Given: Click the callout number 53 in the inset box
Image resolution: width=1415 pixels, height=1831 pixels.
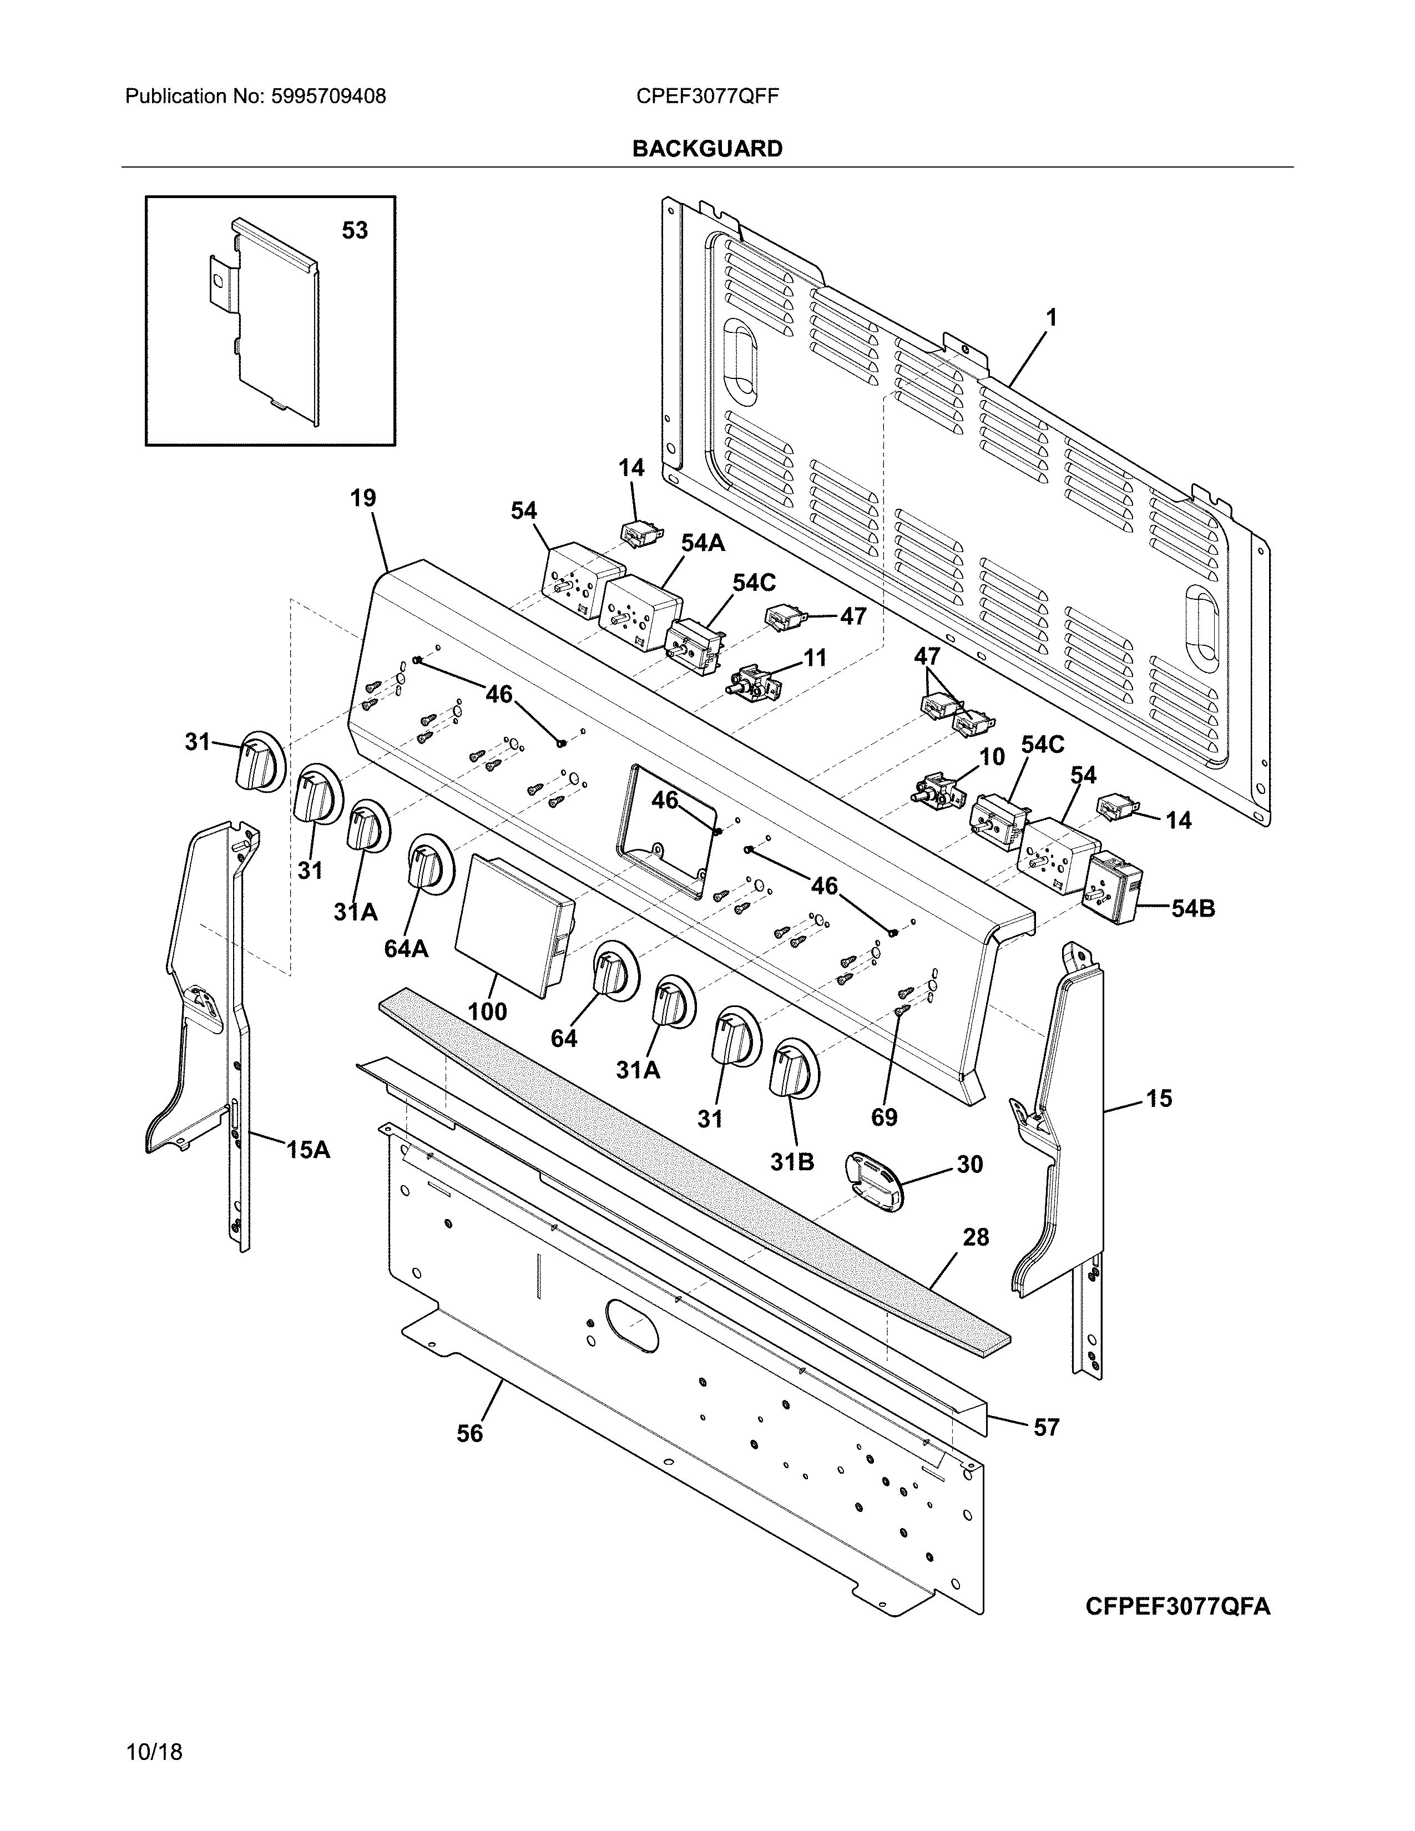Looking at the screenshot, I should [x=355, y=231].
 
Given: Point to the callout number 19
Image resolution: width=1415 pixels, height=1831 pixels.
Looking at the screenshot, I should [x=363, y=498].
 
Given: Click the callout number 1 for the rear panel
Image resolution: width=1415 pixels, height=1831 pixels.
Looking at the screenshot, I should [x=1050, y=318].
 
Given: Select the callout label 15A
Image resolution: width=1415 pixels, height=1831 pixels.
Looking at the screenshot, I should [x=307, y=1150].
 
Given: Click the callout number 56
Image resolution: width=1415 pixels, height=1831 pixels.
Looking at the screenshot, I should [x=469, y=1434].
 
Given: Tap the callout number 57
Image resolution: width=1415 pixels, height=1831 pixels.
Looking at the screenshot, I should [x=1045, y=1427].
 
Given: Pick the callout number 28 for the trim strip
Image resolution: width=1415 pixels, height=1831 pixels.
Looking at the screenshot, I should [x=976, y=1237].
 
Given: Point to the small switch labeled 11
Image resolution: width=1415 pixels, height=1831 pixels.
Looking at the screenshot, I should [x=753, y=678].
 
